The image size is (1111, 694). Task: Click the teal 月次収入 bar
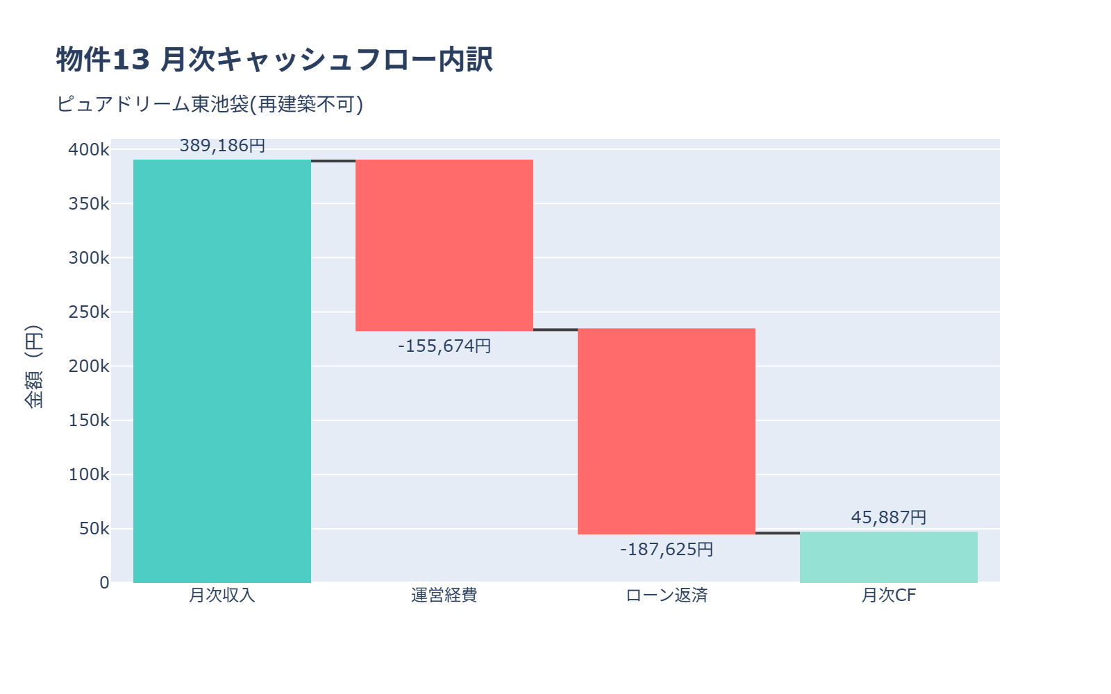pyautogui.click(x=222, y=371)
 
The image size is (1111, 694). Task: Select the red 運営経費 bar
pyautogui.click(x=444, y=245)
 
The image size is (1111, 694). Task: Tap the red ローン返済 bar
pyautogui.click(x=667, y=431)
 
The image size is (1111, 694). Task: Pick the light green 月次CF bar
pyautogui.click(x=889, y=557)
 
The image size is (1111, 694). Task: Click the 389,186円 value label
pyautogui.click(x=222, y=146)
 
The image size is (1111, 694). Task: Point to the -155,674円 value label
pyautogui.click(x=444, y=346)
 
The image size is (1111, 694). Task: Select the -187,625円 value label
pyautogui.click(x=667, y=550)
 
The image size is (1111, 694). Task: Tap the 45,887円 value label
pyautogui.click(x=889, y=518)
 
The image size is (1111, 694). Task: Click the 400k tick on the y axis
pyautogui.click(x=89, y=150)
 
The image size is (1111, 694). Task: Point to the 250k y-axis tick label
pyautogui.click(x=89, y=312)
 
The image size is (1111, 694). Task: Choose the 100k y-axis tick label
pyautogui.click(x=89, y=475)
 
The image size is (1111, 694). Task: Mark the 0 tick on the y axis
pyautogui.click(x=104, y=583)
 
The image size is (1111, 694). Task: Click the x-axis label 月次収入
pyautogui.click(x=222, y=595)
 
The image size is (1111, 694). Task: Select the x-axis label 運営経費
pyautogui.click(x=444, y=595)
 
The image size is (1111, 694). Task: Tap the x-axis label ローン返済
pyautogui.click(x=667, y=595)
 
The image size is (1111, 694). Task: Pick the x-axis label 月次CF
pyautogui.click(x=889, y=595)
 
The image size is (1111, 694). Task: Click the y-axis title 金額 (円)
pyautogui.click(x=33, y=366)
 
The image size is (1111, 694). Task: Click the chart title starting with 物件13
pyautogui.click(x=274, y=60)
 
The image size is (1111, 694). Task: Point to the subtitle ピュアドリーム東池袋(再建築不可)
pyautogui.click(x=210, y=104)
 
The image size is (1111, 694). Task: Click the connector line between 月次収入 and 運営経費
pyautogui.click(x=333, y=161)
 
